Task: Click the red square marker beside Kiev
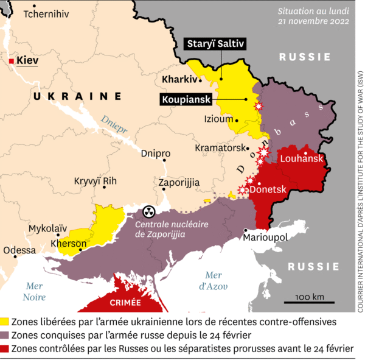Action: click(12, 60)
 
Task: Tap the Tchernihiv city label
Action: click(46, 15)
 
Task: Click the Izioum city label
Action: click(219, 119)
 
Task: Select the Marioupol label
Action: click(265, 236)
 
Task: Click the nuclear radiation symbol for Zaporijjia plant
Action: click(148, 212)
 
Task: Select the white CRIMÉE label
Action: click(126, 302)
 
